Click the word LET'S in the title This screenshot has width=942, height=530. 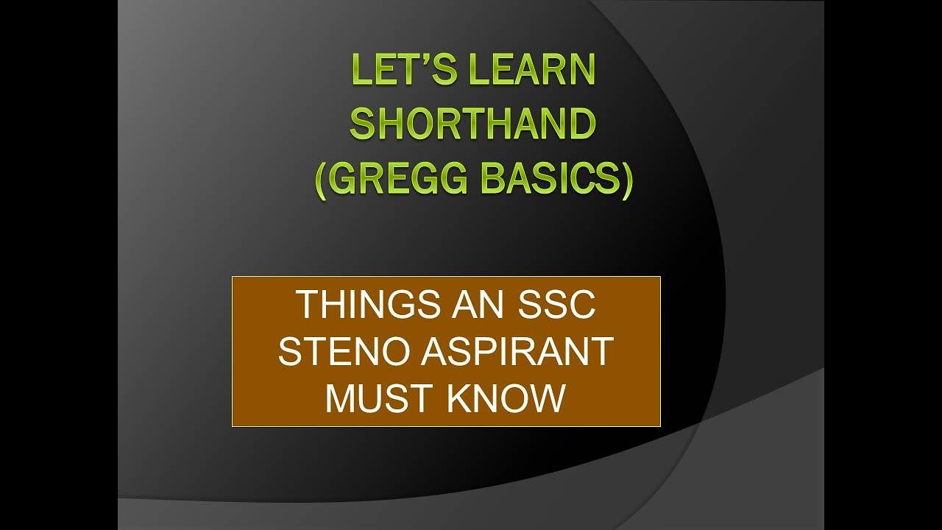coord(397,71)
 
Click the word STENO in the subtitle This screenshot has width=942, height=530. coord(344,352)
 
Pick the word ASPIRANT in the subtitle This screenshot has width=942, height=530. coord(517,352)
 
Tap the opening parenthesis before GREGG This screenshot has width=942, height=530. coord(321,180)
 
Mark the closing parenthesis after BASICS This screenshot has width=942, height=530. coord(626,180)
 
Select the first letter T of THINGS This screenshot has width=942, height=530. coord(306,305)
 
